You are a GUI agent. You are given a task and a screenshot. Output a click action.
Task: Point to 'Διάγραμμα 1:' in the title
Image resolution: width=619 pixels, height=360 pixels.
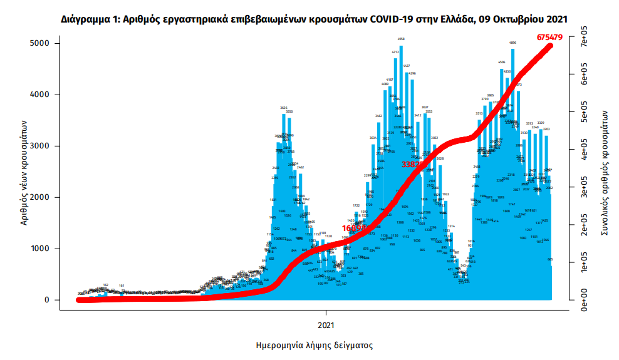coord(88,20)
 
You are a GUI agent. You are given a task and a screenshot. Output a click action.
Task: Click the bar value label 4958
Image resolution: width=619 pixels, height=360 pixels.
coord(401,39)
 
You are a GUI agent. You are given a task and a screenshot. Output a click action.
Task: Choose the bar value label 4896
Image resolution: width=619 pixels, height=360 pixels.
coord(513,43)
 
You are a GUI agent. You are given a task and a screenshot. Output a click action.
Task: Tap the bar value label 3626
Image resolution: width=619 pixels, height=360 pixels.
coord(284,108)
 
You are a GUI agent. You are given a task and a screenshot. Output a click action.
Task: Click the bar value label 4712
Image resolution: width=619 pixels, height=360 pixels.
coord(395,52)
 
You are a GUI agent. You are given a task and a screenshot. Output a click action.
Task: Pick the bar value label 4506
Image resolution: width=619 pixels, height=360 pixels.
coord(502,62)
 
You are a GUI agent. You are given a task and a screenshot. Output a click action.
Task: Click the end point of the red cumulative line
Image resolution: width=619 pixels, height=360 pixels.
coord(551,45)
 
